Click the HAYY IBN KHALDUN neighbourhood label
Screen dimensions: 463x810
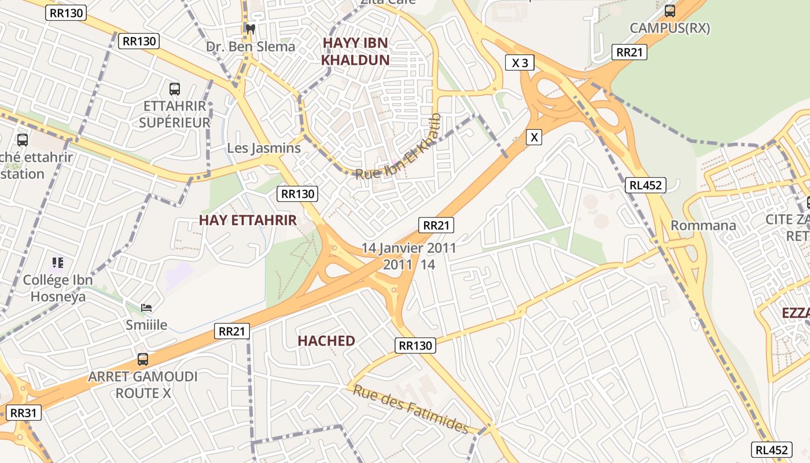click(355, 51)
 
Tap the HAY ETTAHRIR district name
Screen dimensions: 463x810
click(248, 220)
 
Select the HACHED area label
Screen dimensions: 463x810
click(326, 341)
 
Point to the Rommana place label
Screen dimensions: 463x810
click(703, 225)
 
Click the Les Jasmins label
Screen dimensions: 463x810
click(264, 148)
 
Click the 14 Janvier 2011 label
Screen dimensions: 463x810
click(409, 248)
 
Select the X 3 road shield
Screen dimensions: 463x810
click(520, 63)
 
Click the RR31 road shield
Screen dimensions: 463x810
click(23, 413)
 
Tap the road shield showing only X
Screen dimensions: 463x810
click(534, 137)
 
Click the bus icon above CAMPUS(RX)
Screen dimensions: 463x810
click(669, 10)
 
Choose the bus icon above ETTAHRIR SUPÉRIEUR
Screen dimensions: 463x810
click(174, 89)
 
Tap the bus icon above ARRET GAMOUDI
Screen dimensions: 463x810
click(142, 359)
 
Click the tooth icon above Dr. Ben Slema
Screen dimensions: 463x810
click(250, 28)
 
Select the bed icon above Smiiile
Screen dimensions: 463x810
click(146, 307)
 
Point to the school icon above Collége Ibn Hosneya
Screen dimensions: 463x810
click(57, 263)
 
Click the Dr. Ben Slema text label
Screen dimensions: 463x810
click(251, 46)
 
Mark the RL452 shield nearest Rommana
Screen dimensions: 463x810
click(645, 185)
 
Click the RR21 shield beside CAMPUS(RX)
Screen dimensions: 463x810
click(629, 52)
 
